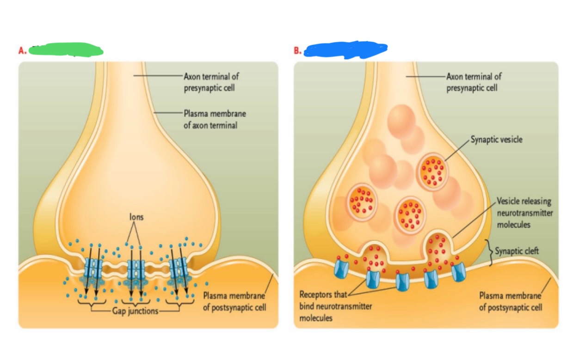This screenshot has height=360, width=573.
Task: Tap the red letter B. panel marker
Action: pyautogui.click(x=298, y=51)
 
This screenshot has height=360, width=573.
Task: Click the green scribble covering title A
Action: pyautogui.click(x=66, y=49)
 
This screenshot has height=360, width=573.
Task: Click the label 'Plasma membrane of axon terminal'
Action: pyautogui.click(x=215, y=119)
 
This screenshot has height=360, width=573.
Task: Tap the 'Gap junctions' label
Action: pyautogui.click(x=135, y=311)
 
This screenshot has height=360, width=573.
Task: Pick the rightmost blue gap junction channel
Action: pyautogui.click(x=178, y=268)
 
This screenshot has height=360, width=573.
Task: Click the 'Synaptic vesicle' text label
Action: pyautogui.click(x=496, y=139)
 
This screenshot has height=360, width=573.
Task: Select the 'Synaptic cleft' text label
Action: pyautogui.click(x=517, y=251)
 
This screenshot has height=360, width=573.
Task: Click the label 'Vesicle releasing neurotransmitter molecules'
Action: pyautogui.click(x=524, y=213)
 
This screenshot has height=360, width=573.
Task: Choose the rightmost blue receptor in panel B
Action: pyautogui.click(x=459, y=273)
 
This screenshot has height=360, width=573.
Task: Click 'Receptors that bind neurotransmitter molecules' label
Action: pyautogui.click(x=335, y=306)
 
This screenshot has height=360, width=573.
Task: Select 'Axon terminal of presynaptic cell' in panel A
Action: pyautogui.click(x=211, y=82)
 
